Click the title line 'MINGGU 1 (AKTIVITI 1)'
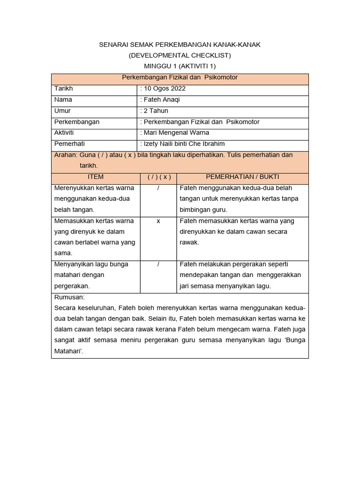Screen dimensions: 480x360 tap(180, 66)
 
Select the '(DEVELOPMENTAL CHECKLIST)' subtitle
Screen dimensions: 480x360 tap(180, 55)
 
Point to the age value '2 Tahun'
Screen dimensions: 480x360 tap(155, 111)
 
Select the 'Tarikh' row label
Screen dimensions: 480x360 tap(64, 89)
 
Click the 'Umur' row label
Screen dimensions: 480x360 tap(62, 111)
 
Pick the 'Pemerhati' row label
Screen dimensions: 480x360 tap(70, 144)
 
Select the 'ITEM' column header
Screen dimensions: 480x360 tap(96, 177)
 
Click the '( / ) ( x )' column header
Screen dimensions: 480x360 tap(159, 177)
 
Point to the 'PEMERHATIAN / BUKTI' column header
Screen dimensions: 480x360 tap(242, 177)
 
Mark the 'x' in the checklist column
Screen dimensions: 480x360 tap(158, 221)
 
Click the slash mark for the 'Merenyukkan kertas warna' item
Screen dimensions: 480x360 tap(159, 188)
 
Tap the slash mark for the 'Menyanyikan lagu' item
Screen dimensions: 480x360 tap(159, 264)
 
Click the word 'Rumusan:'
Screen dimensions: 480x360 tap(69, 297)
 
